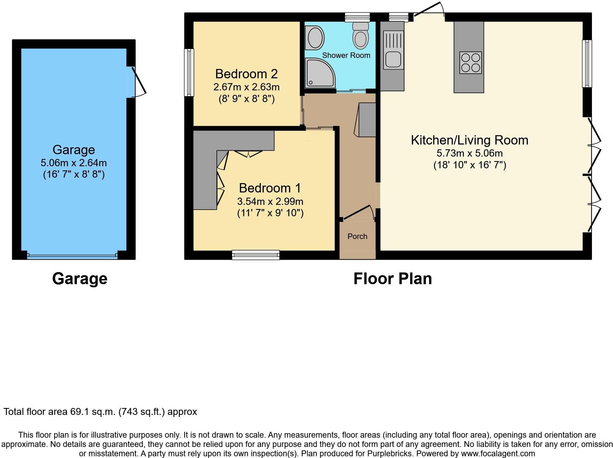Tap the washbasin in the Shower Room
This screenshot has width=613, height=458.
pyautogui.click(x=314, y=38)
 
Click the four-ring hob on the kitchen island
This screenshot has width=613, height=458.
pyautogui.click(x=470, y=62)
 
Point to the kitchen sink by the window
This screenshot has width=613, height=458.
pyautogui.click(x=393, y=59)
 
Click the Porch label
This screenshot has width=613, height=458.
pyautogui.click(x=357, y=237)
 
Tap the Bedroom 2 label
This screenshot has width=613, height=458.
pyautogui.click(x=246, y=74)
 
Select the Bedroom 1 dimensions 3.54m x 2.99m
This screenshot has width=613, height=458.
pyautogui.click(x=270, y=201)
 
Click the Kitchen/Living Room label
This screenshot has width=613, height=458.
pyautogui.click(x=469, y=140)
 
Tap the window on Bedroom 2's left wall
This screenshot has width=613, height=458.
pyautogui.click(x=189, y=72)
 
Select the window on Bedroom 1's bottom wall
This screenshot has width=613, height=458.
pyautogui.click(x=255, y=255)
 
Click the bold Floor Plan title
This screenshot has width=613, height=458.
pyautogui.click(x=392, y=279)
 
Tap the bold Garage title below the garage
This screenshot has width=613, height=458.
pyautogui.click(x=80, y=279)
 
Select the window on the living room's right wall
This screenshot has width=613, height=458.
pyautogui.click(x=587, y=64)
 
